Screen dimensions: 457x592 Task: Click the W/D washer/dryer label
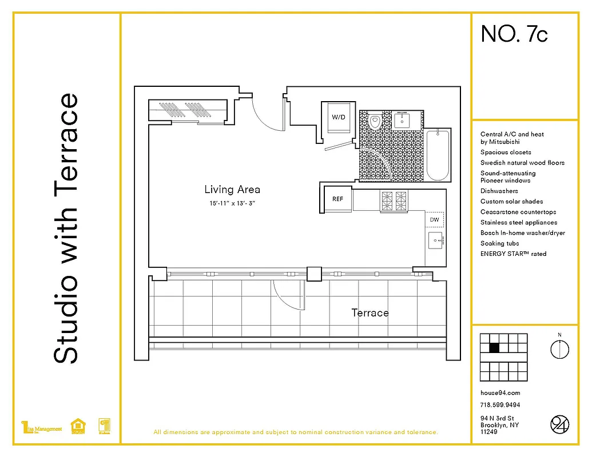(x=339, y=117)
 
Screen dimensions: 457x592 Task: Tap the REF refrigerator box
(x=337, y=199)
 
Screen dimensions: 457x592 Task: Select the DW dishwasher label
(x=434, y=219)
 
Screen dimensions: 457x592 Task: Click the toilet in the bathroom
(x=375, y=122)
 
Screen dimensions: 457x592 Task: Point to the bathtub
(x=438, y=155)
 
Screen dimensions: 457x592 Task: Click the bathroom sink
(x=402, y=120)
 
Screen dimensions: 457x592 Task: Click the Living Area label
(x=232, y=190)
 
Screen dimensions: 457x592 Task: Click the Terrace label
(x=369, y=312)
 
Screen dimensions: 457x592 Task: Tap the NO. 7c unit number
(x=514, y=34)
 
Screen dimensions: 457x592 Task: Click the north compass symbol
(x=559, y=348)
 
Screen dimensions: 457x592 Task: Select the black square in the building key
(x=494, y=347)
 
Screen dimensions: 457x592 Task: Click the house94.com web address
(x=500, y=393)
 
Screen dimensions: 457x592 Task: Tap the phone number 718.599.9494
(x=500, y=405)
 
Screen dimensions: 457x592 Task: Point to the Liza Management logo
(x=41, y=427)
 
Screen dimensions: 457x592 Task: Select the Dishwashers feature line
(x=499, y=191)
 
